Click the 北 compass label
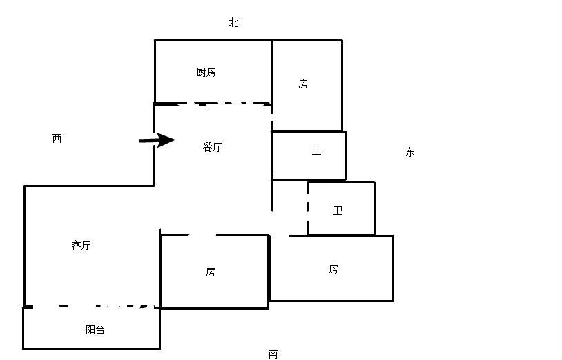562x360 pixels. [233, 23]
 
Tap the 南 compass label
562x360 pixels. [273, 354]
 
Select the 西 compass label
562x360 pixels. [57, 138]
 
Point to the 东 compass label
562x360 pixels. [410, 153]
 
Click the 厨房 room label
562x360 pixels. [206, 72]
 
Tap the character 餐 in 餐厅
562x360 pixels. [208, 147]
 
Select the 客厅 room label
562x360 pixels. [81, 245]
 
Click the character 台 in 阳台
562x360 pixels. [100, 330]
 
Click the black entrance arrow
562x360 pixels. [157, 140]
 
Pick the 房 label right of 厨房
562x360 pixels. [303, 84]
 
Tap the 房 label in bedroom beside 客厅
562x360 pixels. [211, 272]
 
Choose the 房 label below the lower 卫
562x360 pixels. [333, 269]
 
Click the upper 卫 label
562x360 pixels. [316, 151]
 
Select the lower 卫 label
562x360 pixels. [338, 211]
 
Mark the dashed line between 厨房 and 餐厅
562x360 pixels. [212, 104]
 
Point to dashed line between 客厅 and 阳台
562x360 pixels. [91, 307]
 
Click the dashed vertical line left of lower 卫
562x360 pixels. [308, 208]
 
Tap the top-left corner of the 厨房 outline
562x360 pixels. [155, 41]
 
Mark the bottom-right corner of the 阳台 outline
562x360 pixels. [160, 348]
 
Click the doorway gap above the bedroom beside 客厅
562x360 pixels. [202, 235]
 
